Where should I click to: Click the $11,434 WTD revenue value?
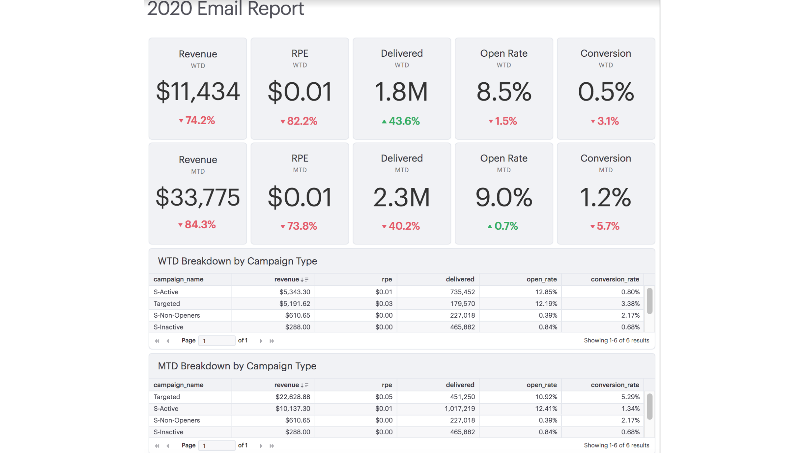click(x=198, y=91)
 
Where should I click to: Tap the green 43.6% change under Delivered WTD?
click(x=401, y=121)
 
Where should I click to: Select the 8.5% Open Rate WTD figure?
click(x=504, y=92)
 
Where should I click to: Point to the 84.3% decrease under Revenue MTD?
click(x=197, y=225)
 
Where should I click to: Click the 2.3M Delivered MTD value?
click(x=401, y=197)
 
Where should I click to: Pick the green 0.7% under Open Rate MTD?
click(x=503, y=226)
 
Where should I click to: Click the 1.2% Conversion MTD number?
click(x=605, y=197)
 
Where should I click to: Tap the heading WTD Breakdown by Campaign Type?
click(x=237, y=261)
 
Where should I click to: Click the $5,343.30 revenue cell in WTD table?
click(x=294, y=292)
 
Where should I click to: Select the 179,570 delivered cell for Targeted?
click(x=462, y=304)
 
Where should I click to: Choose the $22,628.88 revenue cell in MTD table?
click(x=292, y=397)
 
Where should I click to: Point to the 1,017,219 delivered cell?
click(x=459, y=408)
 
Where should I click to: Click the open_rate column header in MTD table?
click(x=541, y=385)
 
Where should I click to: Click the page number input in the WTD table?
click(x=216, y=341)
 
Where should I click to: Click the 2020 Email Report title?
click(x=225, y=9)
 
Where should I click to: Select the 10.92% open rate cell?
click(x=546, y=397)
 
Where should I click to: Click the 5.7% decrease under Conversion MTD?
click(x=605, y=226)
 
